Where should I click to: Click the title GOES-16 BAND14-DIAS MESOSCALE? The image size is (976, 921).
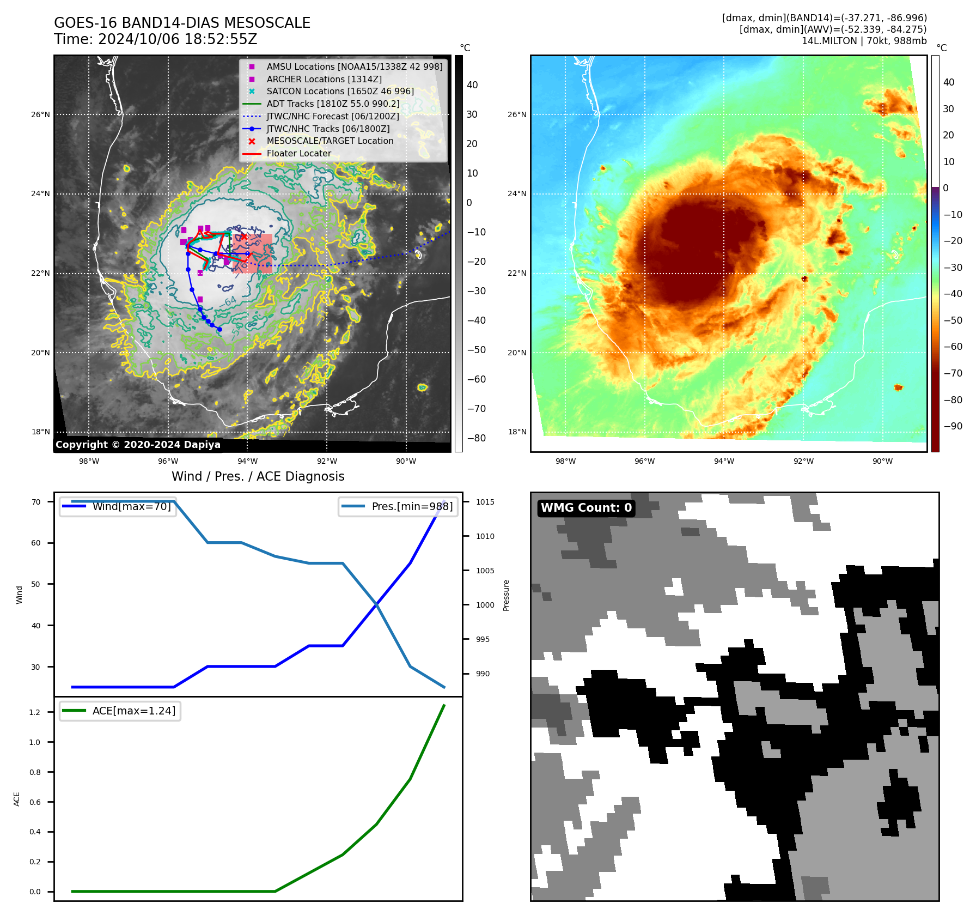tap(182, 23)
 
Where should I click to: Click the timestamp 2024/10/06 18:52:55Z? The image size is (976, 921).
tap(178, 39)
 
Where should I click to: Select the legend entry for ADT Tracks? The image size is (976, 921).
tap(333, 104)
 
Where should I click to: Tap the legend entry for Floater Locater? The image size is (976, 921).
tap(298, 153)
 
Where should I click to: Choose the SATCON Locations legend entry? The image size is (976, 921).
tap(340, 91)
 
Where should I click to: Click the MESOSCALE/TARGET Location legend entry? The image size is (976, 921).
tap(330, 141)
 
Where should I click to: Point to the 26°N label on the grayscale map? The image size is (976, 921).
tap(40, 114)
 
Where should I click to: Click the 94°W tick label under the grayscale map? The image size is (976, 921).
tap(247, 461)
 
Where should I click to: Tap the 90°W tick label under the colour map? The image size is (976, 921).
tap(882, 461)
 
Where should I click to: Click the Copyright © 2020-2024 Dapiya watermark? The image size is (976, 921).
tap(138, 445)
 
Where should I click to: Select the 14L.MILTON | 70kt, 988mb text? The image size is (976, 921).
tap(864, 41)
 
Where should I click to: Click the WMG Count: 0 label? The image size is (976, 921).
tap(586, 508)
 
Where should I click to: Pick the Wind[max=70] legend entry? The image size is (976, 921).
tap(131, 506)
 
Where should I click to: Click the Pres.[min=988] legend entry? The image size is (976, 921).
tap(412, 506)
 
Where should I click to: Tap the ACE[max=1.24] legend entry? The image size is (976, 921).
tap(133, 711)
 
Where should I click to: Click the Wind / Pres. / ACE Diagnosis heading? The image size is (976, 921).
tap(258, 476)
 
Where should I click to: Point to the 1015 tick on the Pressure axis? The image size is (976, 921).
tap(485, 502)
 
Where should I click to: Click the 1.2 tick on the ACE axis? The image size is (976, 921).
tap(35, 712)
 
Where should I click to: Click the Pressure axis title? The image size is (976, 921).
tap(506, 595)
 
